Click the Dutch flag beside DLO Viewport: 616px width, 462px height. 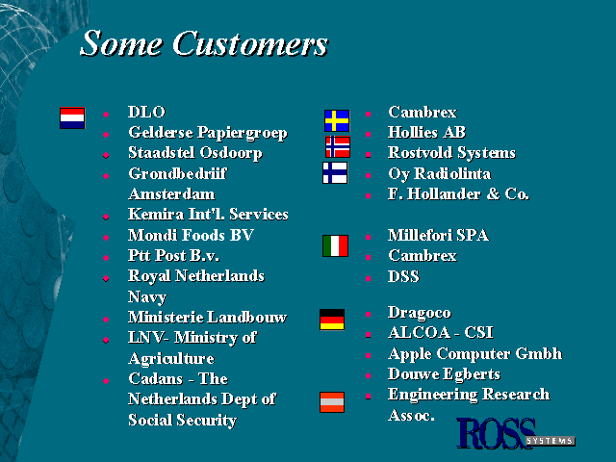tap(72, 117)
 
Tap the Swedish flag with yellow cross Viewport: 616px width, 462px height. tap(337, 120)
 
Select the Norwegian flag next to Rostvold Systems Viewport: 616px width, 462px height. tap(338, 147)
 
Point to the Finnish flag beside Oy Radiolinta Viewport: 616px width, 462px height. tap(335, 173)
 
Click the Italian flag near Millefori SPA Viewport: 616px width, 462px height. tap(336, 246)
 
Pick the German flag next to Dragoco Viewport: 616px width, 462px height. tap(332, 320)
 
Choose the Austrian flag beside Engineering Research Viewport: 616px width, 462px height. tap(332, 402)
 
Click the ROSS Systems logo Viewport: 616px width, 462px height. tap(516, 433)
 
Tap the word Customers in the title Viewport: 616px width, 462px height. tap(250, 43)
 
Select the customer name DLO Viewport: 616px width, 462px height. tap(146, 112)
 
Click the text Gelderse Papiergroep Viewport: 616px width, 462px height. tap(208, 133)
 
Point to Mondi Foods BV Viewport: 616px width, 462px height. tap(191, 235)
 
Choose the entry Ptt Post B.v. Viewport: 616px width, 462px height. tap(173, 256)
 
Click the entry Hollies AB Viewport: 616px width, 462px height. tap(426, 133)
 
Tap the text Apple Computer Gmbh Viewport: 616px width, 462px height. tap(475, 354)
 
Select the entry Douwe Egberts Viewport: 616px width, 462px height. tap(444, 374)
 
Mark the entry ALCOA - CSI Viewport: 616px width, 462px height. tap(441, 333)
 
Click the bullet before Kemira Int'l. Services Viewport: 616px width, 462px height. tap(106, 217)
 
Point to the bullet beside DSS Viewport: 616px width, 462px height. tap(368, 278)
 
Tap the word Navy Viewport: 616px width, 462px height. tap(147, 297)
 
